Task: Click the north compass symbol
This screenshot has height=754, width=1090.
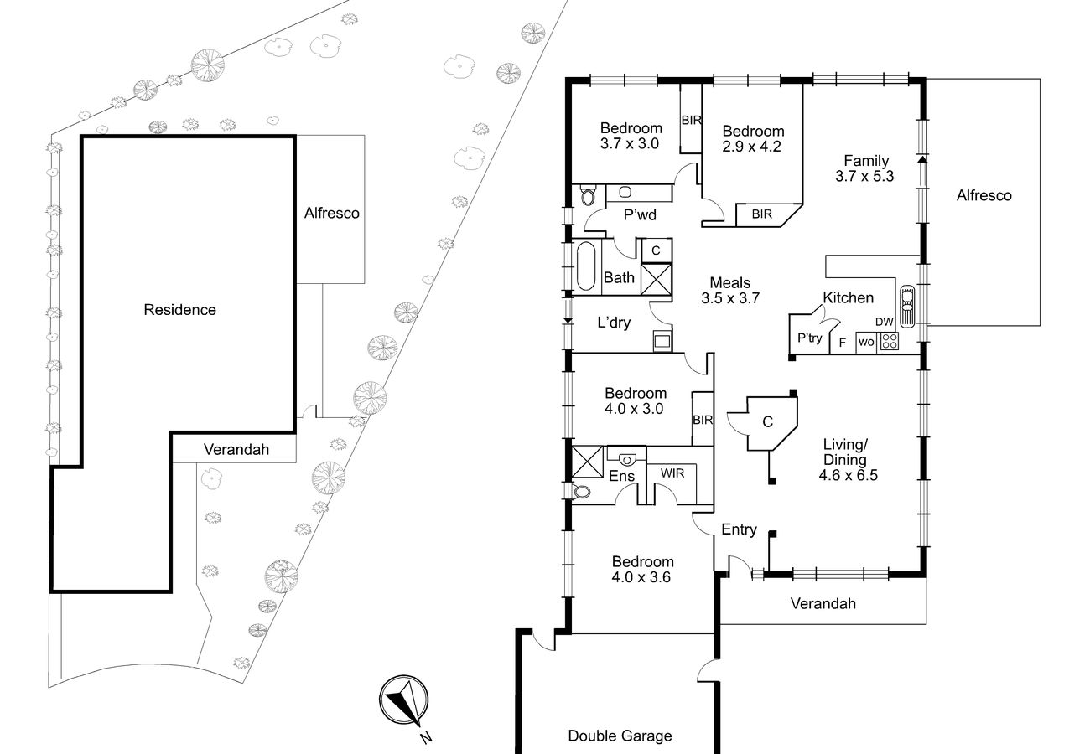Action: pos(404,700)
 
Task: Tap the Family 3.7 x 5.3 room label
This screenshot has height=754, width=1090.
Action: pos(864,168)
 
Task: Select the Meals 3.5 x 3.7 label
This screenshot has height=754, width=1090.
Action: pos(730,290)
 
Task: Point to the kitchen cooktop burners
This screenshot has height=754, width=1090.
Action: pos(890,341)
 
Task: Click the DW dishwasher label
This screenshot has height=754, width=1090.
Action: pos(885,322)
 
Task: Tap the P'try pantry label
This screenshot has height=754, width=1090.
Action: pos(810,338)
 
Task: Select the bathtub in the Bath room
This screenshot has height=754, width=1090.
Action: pos(586,266)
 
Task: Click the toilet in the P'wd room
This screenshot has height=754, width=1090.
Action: pos(588,195)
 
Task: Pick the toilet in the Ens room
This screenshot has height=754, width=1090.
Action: pos(582,492)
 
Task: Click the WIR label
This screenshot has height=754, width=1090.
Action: pos(672,473)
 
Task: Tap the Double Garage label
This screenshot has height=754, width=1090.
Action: pos(620,736)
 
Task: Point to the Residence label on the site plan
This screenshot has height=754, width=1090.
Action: pos(179,310)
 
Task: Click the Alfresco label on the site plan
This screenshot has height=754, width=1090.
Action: pos(331,213)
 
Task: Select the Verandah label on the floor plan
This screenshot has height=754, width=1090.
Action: pos(823,603)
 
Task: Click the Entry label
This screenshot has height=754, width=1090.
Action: pos(739,529)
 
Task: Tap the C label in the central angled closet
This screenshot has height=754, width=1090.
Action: pos(767,422)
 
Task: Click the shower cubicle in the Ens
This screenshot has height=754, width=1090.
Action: pos(587,461)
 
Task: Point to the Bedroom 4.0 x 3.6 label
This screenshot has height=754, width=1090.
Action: pos(642,569)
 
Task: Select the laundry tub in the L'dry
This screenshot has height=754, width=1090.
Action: pos(662,340)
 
